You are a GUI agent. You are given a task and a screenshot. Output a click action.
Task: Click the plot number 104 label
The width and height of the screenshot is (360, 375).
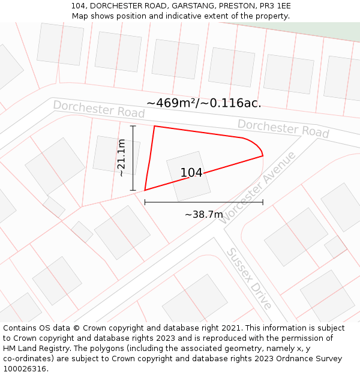click(191, 173)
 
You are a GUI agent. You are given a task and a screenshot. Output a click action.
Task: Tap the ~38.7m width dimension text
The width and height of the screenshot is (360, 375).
click(203, 214)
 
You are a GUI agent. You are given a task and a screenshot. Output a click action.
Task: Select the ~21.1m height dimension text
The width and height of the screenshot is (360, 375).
click(121, 158)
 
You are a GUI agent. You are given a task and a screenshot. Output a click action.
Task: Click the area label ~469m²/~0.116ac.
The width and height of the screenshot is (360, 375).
click(203, 103)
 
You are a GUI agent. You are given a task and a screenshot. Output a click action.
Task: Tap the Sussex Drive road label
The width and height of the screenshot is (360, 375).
click(248, 278)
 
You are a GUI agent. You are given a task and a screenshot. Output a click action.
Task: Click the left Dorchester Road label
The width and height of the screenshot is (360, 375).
click(99, 109)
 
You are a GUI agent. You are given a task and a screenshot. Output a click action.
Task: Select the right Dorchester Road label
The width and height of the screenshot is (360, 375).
click(283, 127)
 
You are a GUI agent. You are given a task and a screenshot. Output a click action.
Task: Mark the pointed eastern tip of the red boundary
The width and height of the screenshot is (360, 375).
click(263, 156)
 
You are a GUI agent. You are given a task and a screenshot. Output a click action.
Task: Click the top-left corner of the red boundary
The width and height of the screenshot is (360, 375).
click(155, 126)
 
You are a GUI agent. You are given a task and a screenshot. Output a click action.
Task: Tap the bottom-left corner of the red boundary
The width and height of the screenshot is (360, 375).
click(145, 191)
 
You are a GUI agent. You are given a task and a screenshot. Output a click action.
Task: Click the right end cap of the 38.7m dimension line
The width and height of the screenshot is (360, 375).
click(263, 203)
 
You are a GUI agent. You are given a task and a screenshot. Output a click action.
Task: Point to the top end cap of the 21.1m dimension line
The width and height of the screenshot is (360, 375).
click(133, 126)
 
